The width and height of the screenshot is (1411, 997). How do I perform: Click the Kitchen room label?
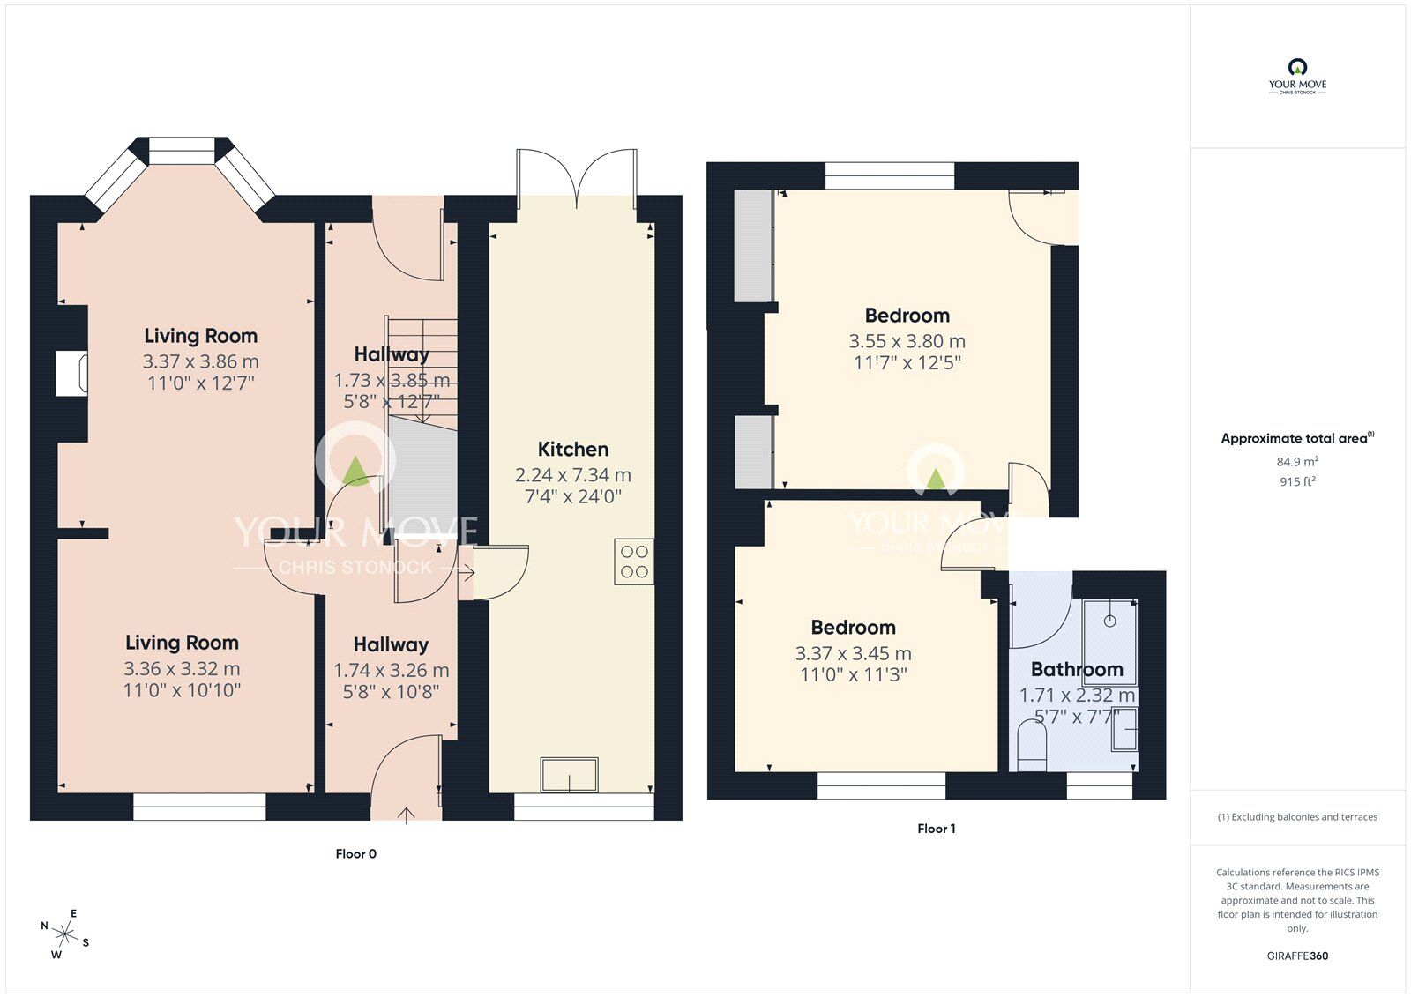(x=573, y=450)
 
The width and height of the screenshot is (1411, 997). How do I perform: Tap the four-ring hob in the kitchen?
(x=634, y=562)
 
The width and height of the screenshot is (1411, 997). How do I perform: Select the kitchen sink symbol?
(x=570, y=775)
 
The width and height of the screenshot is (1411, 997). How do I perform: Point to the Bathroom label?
(x=1077, y=669)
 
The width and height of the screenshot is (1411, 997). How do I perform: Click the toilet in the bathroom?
(x=1030, y=742)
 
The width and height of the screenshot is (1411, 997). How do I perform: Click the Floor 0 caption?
(x=355, y=853)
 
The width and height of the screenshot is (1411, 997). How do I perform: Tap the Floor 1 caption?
(x=936, y=829)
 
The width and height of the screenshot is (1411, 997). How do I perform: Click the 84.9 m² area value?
(x=1297, y=461)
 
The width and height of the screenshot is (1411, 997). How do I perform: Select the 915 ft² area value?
(x=1297, y=481)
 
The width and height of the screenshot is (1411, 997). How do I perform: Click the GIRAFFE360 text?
(x=1297, y=956)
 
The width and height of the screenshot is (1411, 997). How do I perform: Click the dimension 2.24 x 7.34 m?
(x=573, y=475)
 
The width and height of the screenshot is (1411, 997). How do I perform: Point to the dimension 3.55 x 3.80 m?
(x=907, y=341)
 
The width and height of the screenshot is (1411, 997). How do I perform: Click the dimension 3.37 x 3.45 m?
(x=853, y=653)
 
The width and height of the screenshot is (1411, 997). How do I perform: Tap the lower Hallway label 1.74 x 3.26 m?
(x=391, y=670)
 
